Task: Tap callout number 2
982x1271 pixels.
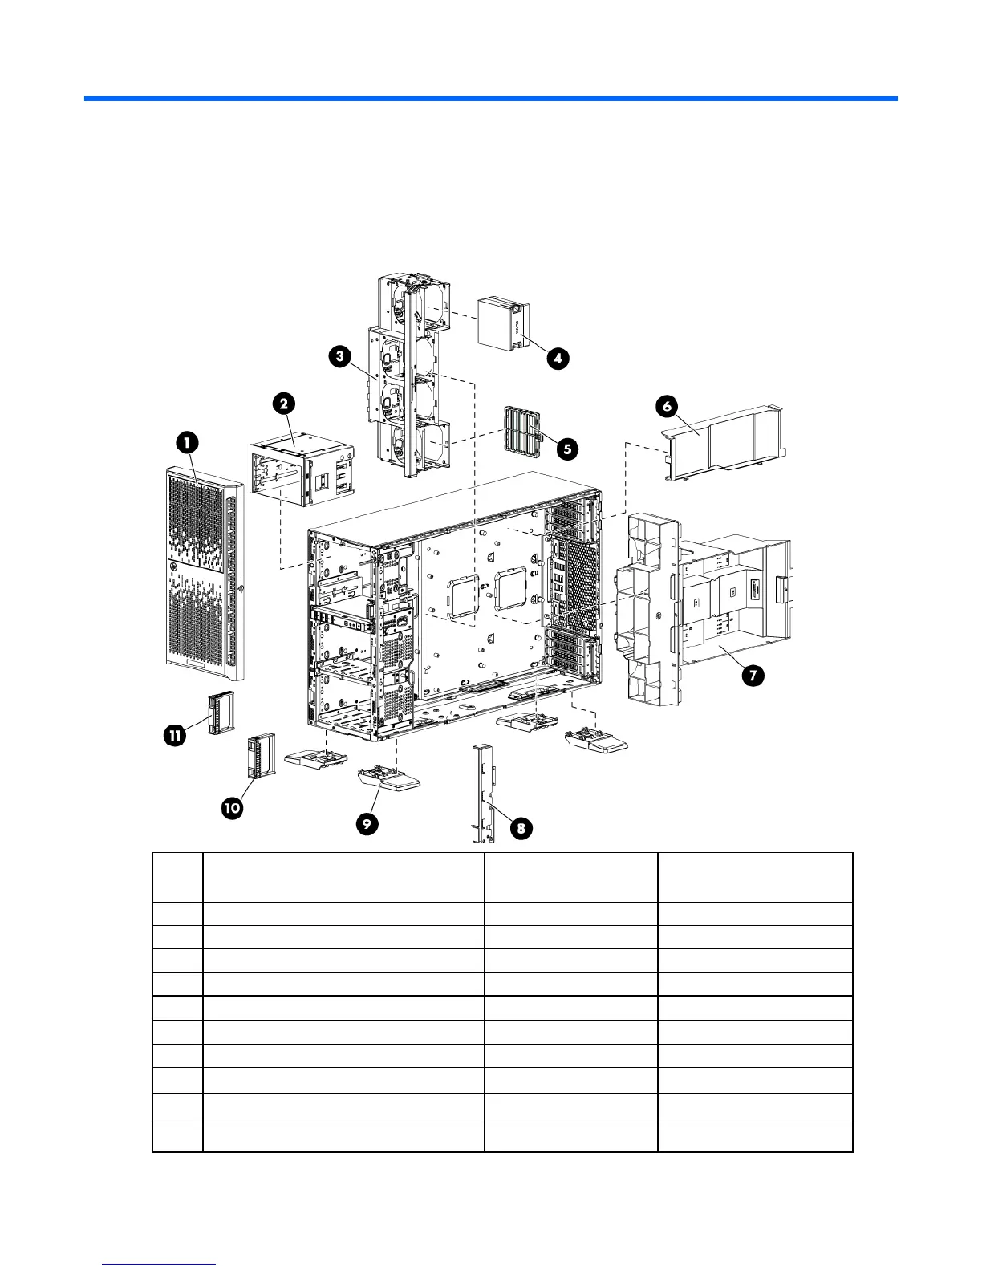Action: (285, 404)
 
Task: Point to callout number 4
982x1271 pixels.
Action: (558, 358)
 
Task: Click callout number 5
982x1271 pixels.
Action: (567, 448)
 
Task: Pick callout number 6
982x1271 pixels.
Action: (667, 406)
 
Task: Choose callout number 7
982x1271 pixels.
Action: (753, 676)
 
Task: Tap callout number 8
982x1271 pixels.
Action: (521, 828)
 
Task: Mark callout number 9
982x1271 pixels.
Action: (367, 826)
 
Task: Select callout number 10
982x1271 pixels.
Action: (232, 808)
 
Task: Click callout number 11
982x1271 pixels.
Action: (175, 734)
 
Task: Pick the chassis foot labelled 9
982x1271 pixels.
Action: (389, 779)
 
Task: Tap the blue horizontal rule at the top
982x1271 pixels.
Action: (490, 99)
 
